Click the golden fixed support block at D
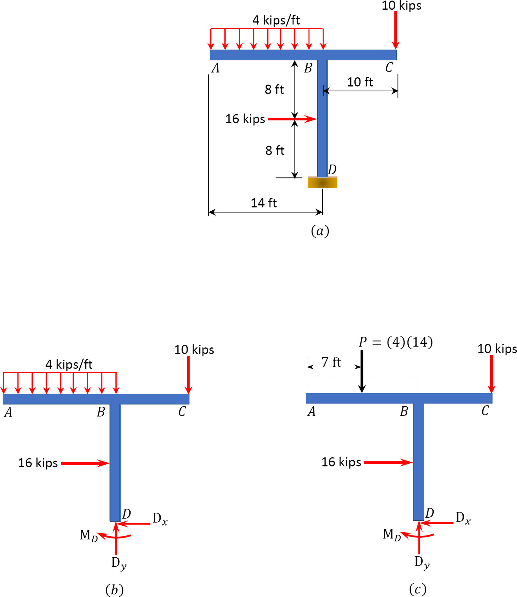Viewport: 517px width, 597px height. [322, 183]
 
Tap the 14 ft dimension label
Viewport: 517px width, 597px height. [263, 203]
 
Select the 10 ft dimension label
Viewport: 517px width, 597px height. [360, 82]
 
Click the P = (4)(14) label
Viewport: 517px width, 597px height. [395, 342]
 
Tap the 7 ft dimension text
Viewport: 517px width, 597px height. [331, 362]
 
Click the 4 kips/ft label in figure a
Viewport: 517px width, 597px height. [276, 20]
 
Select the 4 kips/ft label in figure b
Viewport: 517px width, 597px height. [69, 364]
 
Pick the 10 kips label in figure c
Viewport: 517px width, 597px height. [497, 349]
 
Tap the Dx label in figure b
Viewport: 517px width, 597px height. [160, 519]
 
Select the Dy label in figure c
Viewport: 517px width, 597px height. [422, 562]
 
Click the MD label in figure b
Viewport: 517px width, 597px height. [89, 535]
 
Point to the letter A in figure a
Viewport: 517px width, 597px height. [215, 68]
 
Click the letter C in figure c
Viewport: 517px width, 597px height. [485, 411]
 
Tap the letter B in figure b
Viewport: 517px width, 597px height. [101, 412]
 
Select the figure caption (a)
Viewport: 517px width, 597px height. [320, 231]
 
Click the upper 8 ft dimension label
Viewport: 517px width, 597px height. [274, 89]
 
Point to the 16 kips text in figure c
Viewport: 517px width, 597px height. [341, 462]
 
